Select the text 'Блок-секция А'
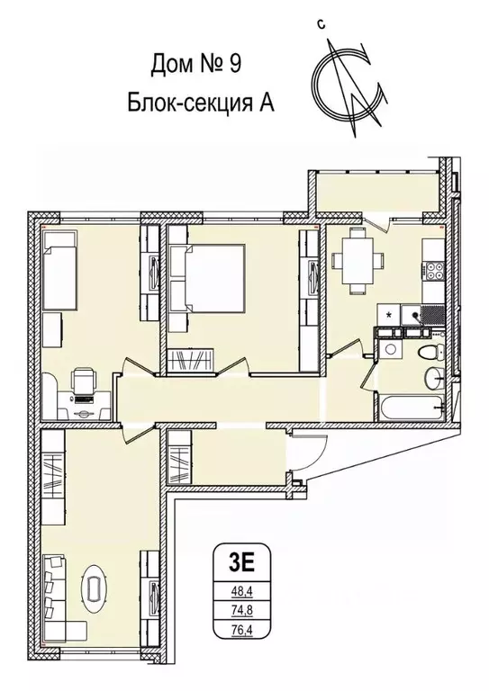coord(199,101)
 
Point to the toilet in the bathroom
coord(430,350)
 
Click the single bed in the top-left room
coord(62,270)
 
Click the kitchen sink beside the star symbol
coord(412,315)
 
